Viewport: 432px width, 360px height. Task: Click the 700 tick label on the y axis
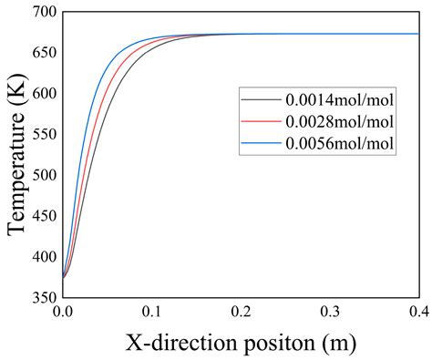(x=44, y=14)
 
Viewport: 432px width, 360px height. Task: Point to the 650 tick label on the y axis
(x=44, y=54)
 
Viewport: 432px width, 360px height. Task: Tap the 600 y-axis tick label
(x=44, y=94)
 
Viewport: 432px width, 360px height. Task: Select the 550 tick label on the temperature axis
(x=44, y=134)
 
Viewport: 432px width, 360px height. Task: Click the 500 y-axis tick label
(x=44, y=175)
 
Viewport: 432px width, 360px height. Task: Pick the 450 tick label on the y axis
(x=44, y=215)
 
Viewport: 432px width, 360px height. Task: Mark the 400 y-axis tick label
(x=44, y=255)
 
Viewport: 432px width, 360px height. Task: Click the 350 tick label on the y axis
(x=44, y=296)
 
